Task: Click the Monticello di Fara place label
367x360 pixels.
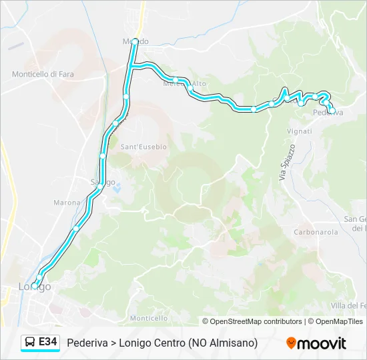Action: (x=43, y=74)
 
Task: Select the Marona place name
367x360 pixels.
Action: (x=67, y=202)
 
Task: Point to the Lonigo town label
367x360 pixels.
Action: (x=35, y=287)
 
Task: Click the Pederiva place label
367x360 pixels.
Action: (x=328, y=113)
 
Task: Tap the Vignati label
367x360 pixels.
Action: (x=300, y=131)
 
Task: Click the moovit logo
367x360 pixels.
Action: (x=316, y=343)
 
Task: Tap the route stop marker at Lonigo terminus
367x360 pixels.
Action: (x=35, y=285)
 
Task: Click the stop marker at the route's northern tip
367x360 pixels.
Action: (x=135, y=41)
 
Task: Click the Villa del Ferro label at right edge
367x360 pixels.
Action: (x=350, y=305)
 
